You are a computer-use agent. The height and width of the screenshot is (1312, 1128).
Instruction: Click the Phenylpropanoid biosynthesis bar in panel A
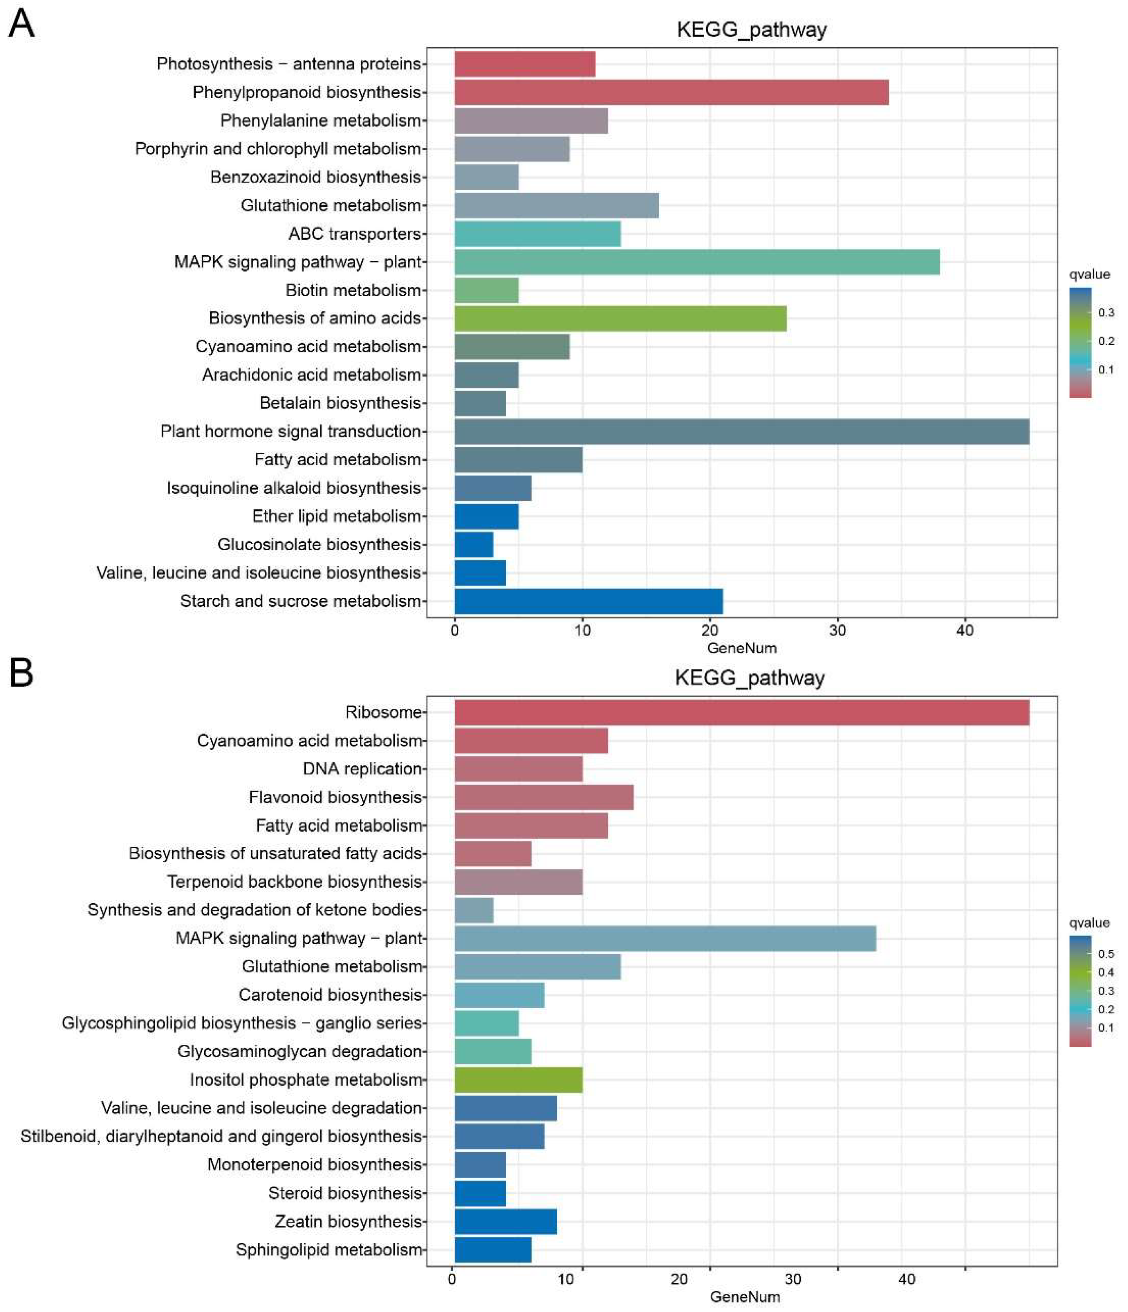[671, 92]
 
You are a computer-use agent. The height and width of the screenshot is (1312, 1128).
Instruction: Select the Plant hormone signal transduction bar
[741, 431]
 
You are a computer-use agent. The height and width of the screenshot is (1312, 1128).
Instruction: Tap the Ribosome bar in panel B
[741, 712]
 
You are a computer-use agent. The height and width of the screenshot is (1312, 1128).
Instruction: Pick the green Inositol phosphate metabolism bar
[518, 1080]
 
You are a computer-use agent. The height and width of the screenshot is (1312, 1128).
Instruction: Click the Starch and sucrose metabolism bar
[588, 601]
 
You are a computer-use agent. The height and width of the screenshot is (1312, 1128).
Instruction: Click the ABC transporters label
[355, 234]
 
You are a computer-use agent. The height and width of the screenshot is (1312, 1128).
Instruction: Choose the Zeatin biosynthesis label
[348, 1221]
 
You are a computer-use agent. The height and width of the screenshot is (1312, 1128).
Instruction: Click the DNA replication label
[362, 769]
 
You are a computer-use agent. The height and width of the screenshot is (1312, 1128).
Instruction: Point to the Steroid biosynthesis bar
[480, 1193]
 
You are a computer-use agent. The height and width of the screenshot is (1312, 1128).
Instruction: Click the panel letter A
[21, 24]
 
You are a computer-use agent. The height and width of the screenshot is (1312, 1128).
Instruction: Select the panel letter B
[21, 673]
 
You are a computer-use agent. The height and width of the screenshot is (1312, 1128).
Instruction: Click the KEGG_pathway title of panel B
[749, 678]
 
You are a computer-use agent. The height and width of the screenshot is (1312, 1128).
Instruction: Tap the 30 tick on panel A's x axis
[837, 631]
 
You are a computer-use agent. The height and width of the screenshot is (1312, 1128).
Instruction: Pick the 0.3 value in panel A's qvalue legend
[1106, 312]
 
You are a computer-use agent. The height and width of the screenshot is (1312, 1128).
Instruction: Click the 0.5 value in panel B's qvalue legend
[1106, 954]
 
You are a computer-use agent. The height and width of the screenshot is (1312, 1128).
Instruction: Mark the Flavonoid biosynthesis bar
[544, 797]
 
